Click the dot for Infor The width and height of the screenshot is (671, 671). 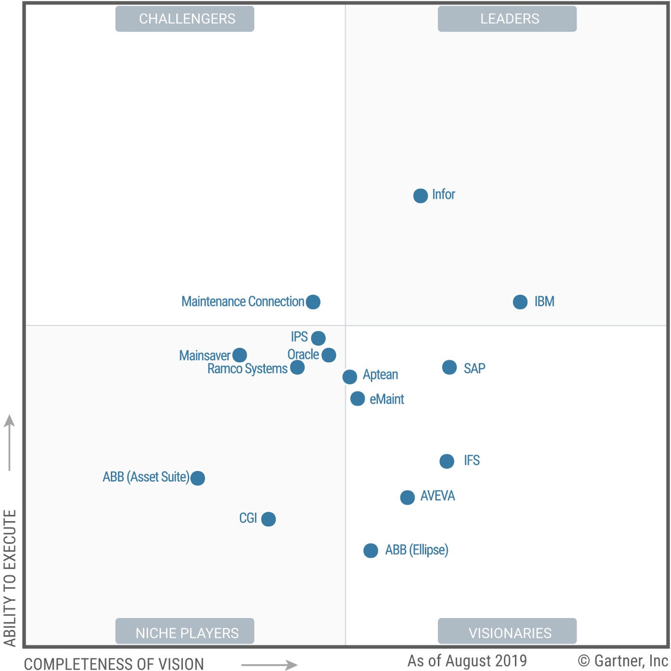coord(421,196)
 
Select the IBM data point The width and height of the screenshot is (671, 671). coord(520,302)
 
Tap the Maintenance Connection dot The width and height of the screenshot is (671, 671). coord(313,302)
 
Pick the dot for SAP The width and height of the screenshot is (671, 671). coord(449,368)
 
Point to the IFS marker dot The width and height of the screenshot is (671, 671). coord(447,461)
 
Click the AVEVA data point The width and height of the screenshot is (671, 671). coord(408,497)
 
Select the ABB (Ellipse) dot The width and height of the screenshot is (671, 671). coord(371,551)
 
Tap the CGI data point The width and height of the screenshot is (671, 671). coord(268,519)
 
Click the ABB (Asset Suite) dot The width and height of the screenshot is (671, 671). coord(197,478)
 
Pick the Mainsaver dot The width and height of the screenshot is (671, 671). coord(239,355)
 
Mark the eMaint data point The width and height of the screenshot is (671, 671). coord(357,399)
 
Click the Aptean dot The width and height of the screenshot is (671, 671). coord(350,377)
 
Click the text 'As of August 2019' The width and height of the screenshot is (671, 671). coord(467,660)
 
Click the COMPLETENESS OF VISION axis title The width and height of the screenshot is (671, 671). coord(114,664)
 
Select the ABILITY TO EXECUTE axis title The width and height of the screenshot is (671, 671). coord(10,578)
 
